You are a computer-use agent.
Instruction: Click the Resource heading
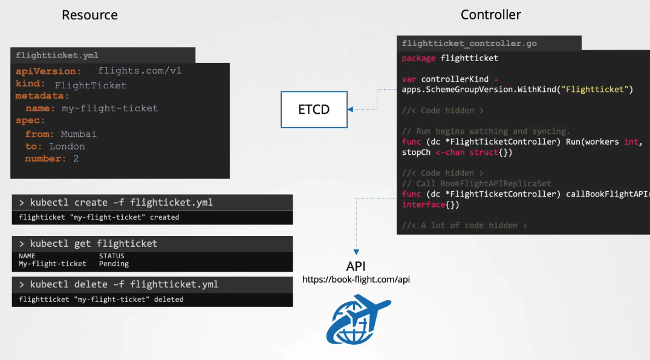pyautogui.click(x=89, y=15)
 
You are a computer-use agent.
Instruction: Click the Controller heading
pyautogui.click(x=490, y=15)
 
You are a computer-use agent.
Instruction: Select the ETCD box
pyautogui.click(x=314, y=110)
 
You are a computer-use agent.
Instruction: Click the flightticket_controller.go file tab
pyautogui.click(x=469, y=44)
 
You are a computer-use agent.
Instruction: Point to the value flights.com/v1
pyautogui.click(x=140, y=71)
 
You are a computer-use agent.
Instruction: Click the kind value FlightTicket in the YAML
pyautogui.click(x=91, y=85)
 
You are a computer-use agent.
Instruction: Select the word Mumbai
pyautogui.click(x=79, y=134)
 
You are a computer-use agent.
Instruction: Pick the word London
pyautogui.click(x=67, y=146)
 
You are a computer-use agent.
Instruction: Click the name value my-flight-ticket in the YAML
pyautogui.click(x=109, y=108)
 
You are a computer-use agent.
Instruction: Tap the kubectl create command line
pyautogui.click(x=116, y=202)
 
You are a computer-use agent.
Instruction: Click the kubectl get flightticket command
pyautogui.click(x=88, y=243)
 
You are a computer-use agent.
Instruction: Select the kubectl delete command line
pyautogui.click(x=119, y=284)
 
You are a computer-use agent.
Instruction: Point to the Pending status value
pyautogui.click(x=114, y=264)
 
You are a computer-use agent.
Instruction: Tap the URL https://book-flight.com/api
pyautogui.click(x=356, y=280)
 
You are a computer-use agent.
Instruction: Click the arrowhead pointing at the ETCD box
pyautogui.click(x=351, y=110)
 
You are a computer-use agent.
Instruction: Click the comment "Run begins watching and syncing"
pyautogui.click(x=486, y=131)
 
